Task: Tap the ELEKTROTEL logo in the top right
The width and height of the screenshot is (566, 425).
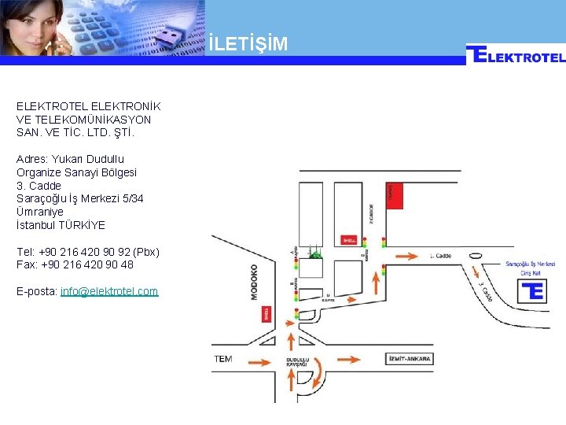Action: click(x=516, y=55)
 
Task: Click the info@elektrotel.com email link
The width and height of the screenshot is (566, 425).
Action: click(x=109, y=291)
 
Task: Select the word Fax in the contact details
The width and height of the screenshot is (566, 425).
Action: click(x=25, y=265)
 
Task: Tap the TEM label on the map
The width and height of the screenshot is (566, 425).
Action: click(x=223, y=359)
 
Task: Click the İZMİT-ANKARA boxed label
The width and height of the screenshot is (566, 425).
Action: click(x=410, y=359)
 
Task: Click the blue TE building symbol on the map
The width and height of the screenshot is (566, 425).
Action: click(x=532, y=290)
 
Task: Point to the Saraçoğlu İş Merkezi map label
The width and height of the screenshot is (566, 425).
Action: click(x=530, y=264)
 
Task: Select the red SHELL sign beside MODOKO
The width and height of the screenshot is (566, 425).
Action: click(x=266, y=314)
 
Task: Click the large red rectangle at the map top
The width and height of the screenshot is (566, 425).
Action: click(x=395, y=194)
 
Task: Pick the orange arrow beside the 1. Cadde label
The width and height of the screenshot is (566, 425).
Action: click(x=406, y=255)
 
